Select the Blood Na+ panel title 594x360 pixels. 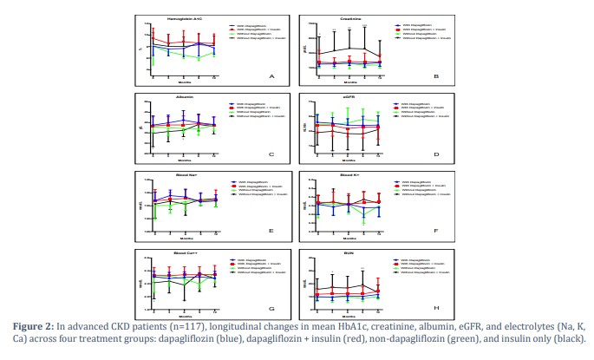[184, 176]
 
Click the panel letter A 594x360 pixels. [271, 76]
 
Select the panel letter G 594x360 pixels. [271, 310]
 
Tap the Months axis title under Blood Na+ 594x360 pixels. [184, 238]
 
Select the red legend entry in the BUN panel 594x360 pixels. [416, 265]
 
